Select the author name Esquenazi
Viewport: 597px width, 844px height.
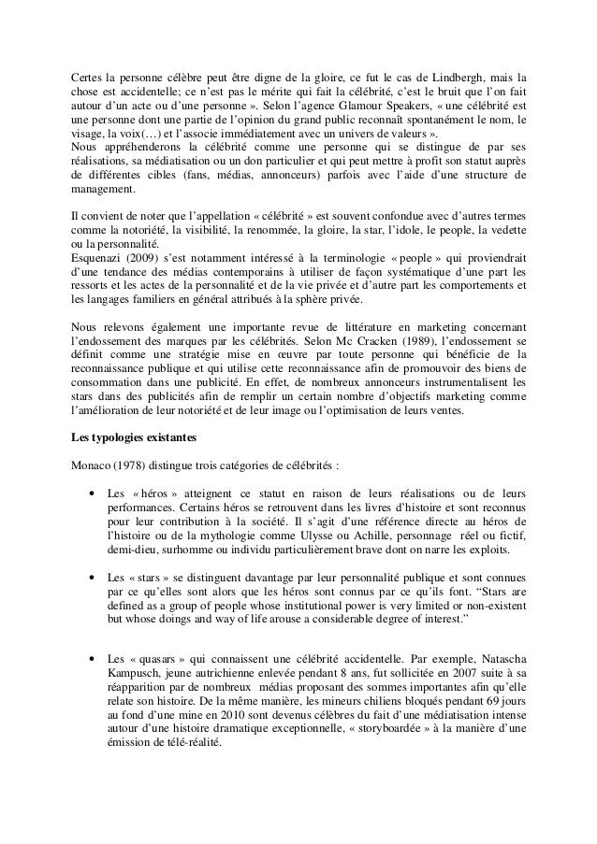click(103, 252)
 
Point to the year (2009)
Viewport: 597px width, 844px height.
click(159, 252)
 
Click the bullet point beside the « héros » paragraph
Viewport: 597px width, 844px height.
click(90, 494)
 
